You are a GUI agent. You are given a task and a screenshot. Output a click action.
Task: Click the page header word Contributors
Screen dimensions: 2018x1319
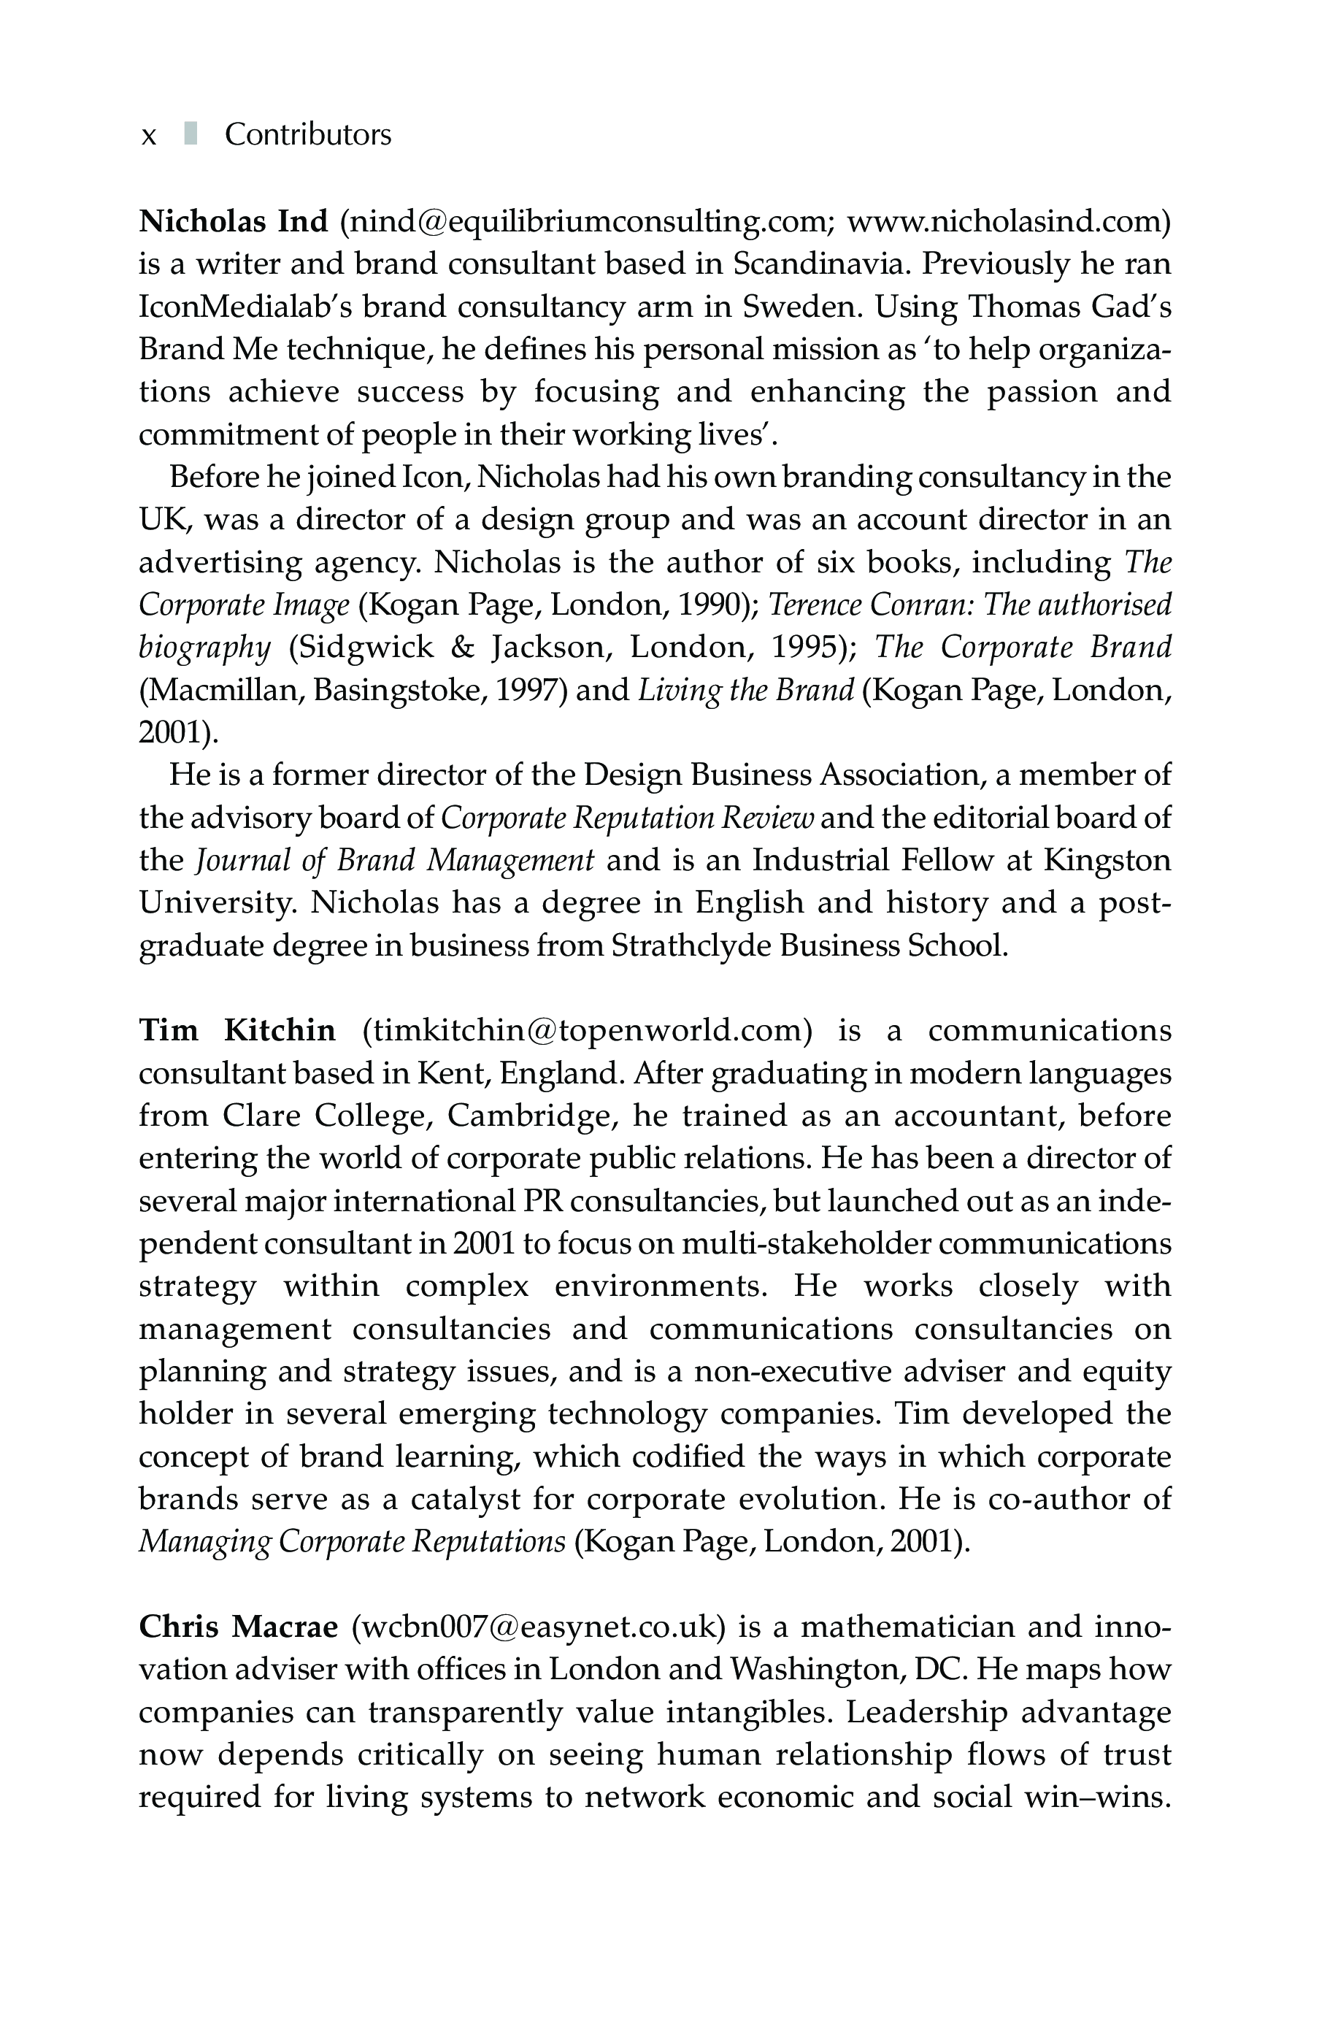coord(308,135)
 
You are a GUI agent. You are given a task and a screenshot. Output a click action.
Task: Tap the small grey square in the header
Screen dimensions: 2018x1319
coord(191,134)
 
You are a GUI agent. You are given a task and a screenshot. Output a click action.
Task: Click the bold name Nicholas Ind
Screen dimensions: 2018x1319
coord(233,221)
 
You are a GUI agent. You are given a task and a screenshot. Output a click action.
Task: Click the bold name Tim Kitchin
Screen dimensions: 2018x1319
coord(237,1031)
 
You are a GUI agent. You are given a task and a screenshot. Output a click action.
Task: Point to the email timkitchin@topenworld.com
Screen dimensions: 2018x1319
coord(588,1031)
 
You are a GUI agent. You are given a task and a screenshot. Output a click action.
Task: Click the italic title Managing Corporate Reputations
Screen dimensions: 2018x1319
coord(352,1541)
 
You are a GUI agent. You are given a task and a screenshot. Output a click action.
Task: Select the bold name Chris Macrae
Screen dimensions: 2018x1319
coord(238,1627)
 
